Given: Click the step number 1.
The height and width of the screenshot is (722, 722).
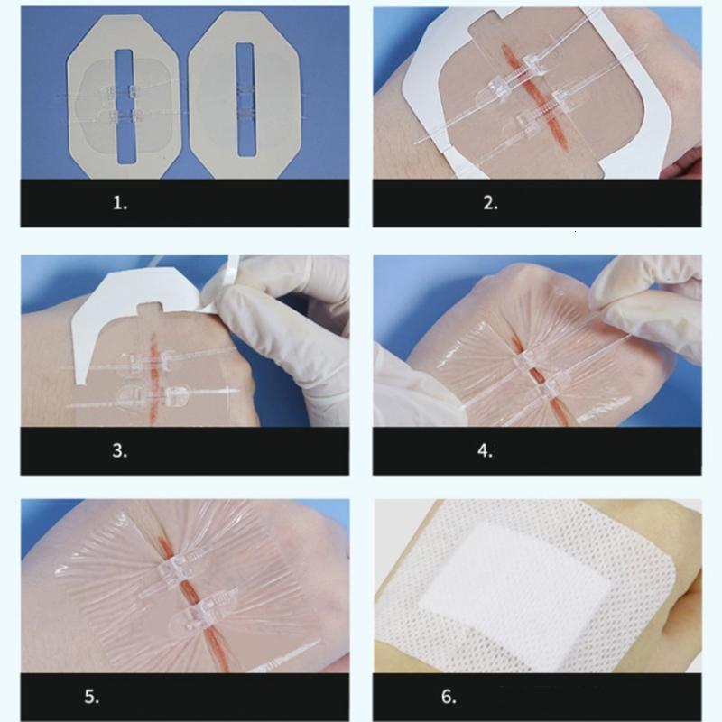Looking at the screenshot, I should point(120,203).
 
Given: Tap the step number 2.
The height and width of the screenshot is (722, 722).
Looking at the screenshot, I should point(490,203).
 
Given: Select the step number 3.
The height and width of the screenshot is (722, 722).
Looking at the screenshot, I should point(120,450).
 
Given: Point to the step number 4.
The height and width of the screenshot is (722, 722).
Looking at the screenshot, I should point(486,450).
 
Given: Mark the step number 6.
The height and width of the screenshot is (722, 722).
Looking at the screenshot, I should point(449,697).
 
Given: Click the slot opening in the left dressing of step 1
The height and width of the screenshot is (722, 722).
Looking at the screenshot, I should point(124,106).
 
